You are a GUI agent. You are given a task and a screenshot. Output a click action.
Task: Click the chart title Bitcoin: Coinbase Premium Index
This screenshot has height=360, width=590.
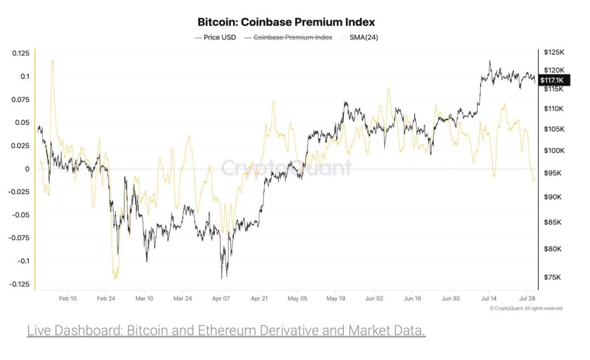(286, 22)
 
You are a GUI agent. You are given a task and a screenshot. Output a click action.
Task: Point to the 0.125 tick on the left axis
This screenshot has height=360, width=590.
(21, 53)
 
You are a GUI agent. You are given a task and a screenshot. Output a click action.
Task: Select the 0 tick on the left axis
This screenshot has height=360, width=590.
(27, 169)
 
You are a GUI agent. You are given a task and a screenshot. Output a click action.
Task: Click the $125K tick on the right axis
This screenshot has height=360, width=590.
(554, 53)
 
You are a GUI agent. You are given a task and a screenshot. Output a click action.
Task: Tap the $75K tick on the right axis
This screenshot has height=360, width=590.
(553, 277)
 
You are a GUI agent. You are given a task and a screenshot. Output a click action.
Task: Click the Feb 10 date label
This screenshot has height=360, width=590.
(68, 299)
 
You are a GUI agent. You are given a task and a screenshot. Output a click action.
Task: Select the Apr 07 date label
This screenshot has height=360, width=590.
(221, 299)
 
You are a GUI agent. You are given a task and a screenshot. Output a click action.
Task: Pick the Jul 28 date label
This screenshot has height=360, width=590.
(527, 299)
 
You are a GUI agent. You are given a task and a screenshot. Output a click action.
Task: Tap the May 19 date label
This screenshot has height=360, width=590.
(336, 299)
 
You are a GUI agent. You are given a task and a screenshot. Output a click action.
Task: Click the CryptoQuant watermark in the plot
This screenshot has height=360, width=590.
(286, 168)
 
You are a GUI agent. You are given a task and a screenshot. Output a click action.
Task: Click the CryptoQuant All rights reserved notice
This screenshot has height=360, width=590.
(525, 308)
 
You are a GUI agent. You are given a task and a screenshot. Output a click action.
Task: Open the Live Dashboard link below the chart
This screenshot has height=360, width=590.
(226, 331)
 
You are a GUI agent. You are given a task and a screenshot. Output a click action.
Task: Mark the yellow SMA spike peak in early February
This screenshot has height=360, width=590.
(52, 60)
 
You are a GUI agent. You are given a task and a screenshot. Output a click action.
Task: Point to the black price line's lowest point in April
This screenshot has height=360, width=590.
(222, 278)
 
